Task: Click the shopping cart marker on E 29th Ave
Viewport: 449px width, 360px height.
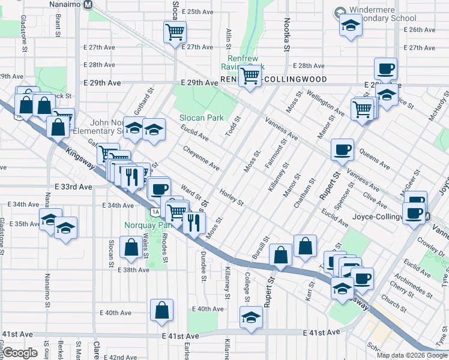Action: click(x=249, y=76)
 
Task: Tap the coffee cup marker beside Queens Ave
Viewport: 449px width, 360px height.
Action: click(x=342, y=149)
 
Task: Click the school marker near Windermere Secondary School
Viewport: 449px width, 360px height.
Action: click(x=349, y=26)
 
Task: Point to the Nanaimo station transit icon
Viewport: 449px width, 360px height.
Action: click(x=88, y=5)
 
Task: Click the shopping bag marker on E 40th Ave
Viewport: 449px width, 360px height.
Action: click(x=161, y=310)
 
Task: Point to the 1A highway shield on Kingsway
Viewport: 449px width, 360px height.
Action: click(x=155, y=211)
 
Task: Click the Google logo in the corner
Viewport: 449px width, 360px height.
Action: click(x=20, y=353)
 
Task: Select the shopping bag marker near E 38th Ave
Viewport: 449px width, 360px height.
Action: click(x=131, y=247)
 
